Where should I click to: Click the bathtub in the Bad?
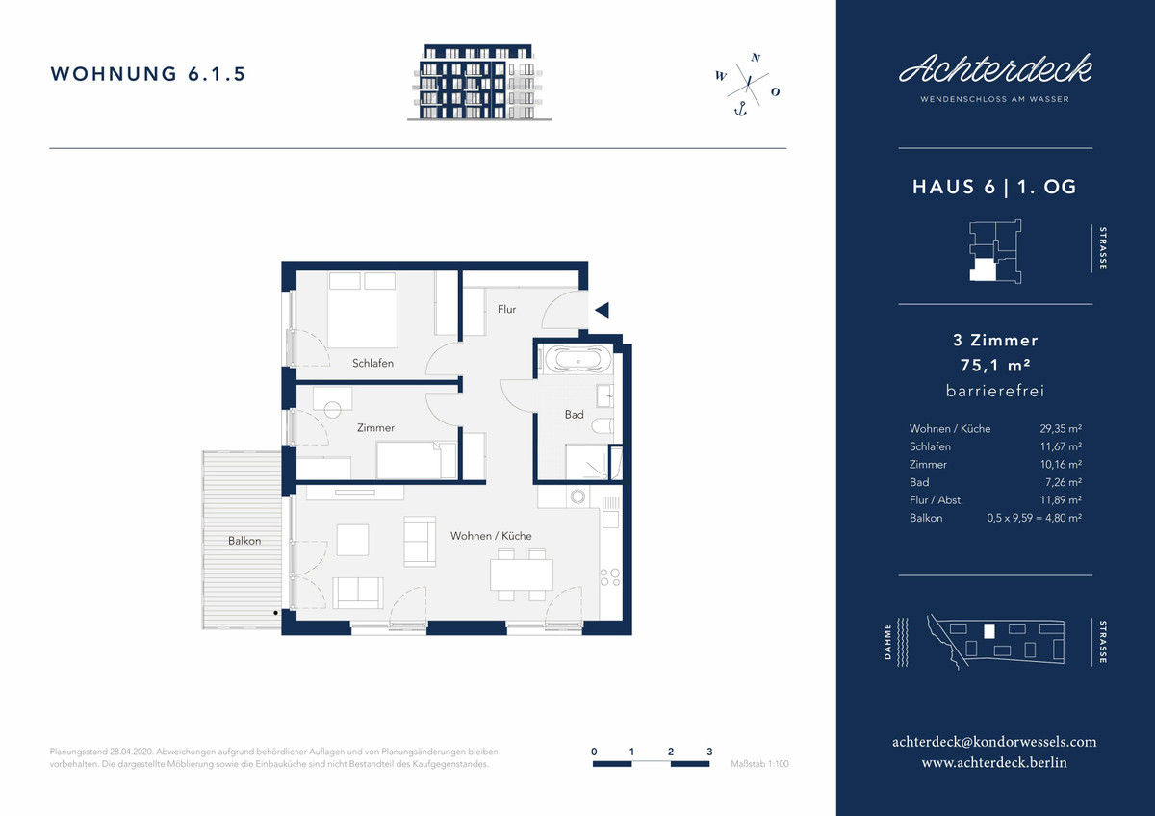click(x=578, y=359)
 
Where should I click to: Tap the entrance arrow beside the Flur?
click(x=603, y=310)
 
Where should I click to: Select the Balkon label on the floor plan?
click(x=244, y=541)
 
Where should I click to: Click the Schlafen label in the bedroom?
click(x=372, y=363)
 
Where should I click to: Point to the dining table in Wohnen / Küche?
click(x=522, y=574)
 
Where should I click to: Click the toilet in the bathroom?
click(x=603, y=425)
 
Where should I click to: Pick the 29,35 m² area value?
click(x=1061, y=429)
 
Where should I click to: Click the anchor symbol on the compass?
click(x=740, y=109)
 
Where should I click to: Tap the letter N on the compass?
click(x=756, y=58)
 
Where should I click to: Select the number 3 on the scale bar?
click(x=709, y=752)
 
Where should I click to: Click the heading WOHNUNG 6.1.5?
click(x=148, y=74)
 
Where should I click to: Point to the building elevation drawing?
click(x=479, y=82)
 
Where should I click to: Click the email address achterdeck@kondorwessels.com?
click(x=994, y=742)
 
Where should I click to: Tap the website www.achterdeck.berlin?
click(x=994, y=762)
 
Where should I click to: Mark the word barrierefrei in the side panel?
click(x=995, y=391)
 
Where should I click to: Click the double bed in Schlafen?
click(x=363, y=310)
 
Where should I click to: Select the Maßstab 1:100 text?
click(x=759, y=764)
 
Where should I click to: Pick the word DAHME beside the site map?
click(x=887, y=642)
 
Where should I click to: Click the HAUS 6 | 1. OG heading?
click(x=994, y=187)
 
